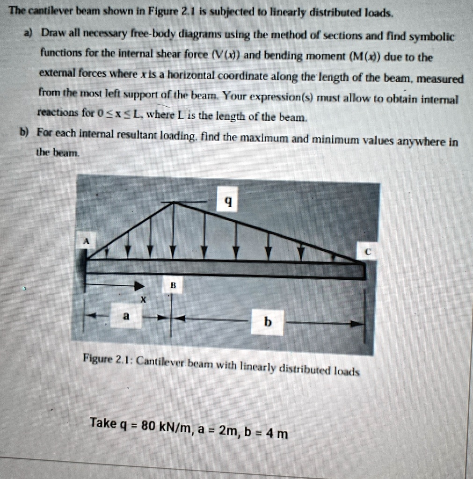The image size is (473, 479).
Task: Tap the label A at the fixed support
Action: (86, 241)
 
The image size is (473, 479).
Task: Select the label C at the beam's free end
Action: (368, 252)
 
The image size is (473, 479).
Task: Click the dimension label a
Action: (125, 316)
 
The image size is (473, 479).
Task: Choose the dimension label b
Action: (267, 322)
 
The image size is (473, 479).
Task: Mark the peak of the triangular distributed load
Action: (174, 203)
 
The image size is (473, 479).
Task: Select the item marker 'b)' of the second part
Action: (24, 132)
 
